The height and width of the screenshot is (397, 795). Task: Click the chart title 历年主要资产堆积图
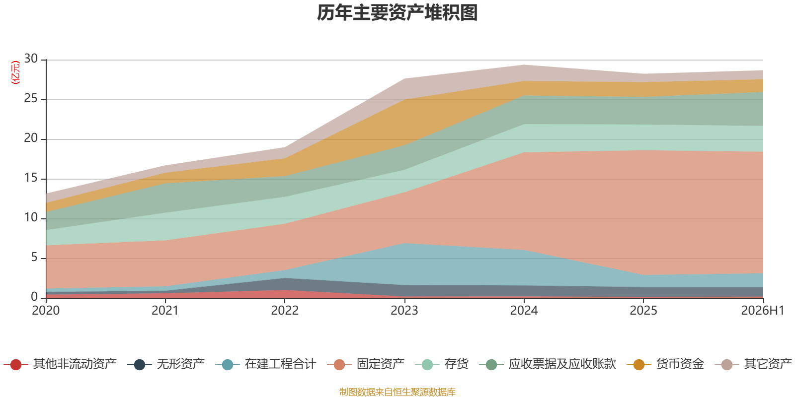tap(397, 13)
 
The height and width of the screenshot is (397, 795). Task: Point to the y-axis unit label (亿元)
tap(15, 72)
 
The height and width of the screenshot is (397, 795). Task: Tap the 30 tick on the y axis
tap(31, 59)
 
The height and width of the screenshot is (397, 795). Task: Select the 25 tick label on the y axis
tap(31, 98)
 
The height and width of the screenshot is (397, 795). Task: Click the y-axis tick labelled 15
tap(31, 178)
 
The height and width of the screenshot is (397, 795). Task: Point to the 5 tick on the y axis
tap(34, 257)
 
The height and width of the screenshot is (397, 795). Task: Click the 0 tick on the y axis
tap(34, 296)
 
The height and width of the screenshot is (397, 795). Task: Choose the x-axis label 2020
tap(46, 311)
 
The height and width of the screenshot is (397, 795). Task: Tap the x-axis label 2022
tap(285, 311)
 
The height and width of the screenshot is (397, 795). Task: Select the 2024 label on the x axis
tap(524, 311)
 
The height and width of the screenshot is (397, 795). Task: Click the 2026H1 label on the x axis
tap(763, 311)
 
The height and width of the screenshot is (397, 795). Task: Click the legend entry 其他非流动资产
tap(60, 364)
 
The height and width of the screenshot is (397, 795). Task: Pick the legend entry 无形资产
tap(166, 364)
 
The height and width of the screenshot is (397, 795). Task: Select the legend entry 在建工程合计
tap(265, 364)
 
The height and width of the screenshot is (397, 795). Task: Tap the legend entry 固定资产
tap(366, 364)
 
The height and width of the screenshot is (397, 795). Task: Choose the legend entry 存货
tap(442, 364)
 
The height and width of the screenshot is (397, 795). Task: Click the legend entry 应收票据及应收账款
tap(548, 364)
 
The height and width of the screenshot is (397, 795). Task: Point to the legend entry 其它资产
tap(753, 364)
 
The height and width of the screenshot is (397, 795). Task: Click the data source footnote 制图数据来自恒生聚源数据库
tap(397, 392)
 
